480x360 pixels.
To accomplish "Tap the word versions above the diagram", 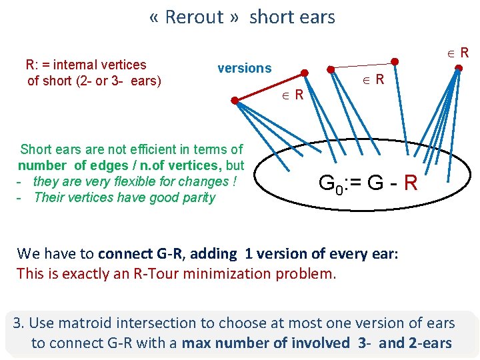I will tap(245, 68).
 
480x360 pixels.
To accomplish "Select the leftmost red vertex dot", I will tap(235, 101).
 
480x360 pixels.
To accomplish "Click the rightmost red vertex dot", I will tap(459, 67).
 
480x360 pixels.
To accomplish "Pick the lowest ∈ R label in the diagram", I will tap(291, 95).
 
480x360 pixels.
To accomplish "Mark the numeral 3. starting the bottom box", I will tap(19, 324).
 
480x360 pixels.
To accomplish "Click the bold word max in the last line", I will tap(195, 344).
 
